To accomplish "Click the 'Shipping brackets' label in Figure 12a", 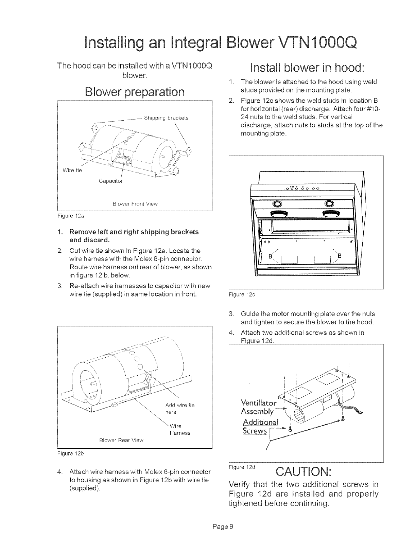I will [x=166, y=118].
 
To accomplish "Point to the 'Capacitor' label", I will [x=110, y=181].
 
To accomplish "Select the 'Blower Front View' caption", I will [x=135, y=204].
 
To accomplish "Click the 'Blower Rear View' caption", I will [x=121, y=440].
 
